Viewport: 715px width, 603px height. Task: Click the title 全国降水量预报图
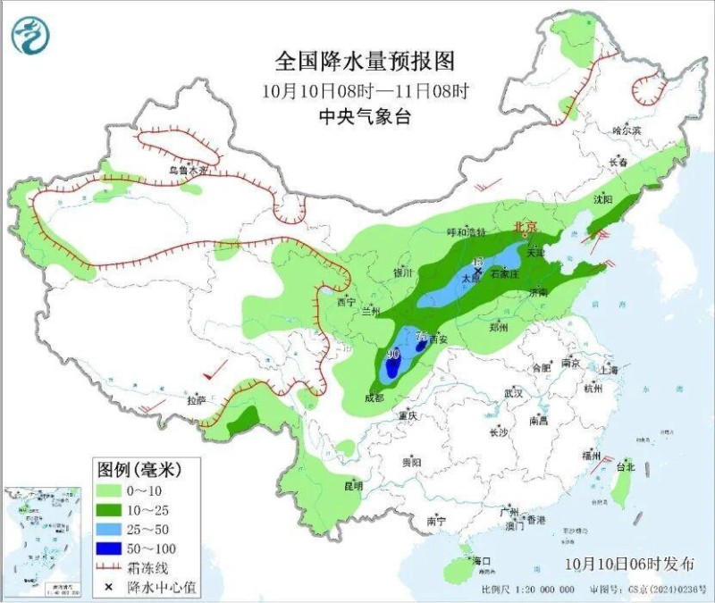coord(365,62)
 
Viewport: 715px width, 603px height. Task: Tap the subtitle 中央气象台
coord(365,116)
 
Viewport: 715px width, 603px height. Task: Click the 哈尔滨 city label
coord(627,130)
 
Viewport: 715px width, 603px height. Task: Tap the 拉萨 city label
coord(197,399)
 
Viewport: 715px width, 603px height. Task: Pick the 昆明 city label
coord(353,486)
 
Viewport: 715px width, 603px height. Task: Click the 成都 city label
coord(375,398)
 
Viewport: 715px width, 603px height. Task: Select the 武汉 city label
coord(513,393)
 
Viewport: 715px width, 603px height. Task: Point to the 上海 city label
coord(610,369)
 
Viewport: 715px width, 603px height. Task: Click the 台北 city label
coord(626,466)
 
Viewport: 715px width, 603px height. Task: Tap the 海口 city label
coord(483,561)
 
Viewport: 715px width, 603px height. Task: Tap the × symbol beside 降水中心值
coord(109,587)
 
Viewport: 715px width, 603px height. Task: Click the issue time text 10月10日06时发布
coord(629,564)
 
